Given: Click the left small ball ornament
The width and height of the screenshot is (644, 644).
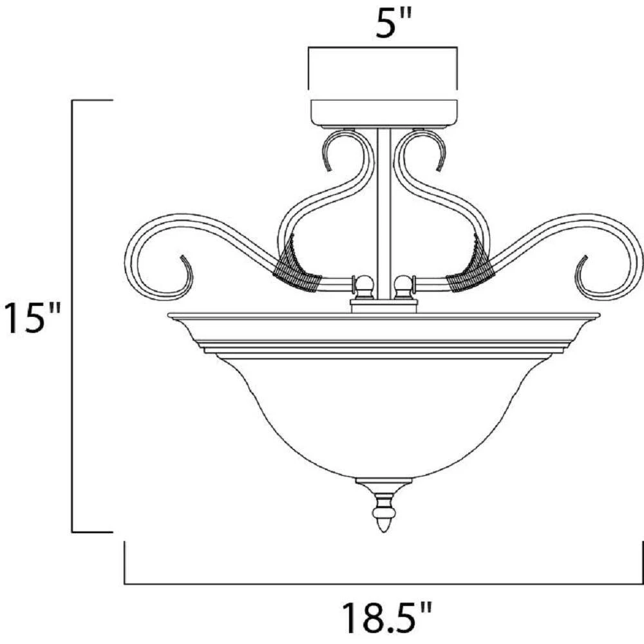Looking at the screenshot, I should tap(365, 284).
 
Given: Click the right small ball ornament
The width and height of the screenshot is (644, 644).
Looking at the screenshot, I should tap(403, 284).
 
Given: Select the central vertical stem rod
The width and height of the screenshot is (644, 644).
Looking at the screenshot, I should tap(384, 213).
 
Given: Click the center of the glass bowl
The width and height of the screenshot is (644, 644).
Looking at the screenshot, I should tap(384, 412).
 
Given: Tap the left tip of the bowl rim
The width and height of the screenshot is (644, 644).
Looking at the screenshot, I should tap(169, 315).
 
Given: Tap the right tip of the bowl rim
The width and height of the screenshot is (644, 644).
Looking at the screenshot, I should tap(599, 315).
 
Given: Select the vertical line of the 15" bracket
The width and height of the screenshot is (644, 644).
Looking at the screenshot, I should tap(72, 316).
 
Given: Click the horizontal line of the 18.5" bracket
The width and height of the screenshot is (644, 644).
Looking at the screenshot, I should tap(384, 583).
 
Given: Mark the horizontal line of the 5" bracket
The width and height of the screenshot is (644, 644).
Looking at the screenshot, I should tap(384, 46).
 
